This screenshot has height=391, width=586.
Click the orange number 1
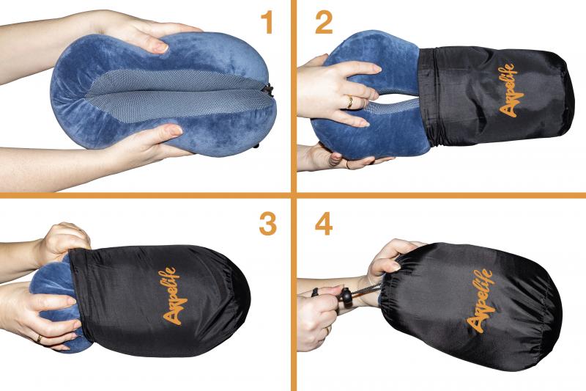coord(267,23)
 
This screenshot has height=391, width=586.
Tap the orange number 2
coord(324,23)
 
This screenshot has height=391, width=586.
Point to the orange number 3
coord(267,224)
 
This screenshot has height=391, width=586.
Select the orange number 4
coord(324,224)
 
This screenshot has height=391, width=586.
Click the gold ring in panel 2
coord(350,102)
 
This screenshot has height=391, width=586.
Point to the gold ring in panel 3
coord(39,339)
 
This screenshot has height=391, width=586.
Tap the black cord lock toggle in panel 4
coord(346,296)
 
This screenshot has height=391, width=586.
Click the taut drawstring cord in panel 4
coord(366,290)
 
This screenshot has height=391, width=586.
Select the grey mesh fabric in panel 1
coord(177,95)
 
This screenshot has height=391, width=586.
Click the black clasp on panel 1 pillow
coord(268,89)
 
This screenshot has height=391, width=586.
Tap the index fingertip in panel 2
coord(375,68)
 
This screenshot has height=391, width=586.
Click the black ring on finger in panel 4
coord(316,292)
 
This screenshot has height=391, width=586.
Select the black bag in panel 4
coord(471,305)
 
